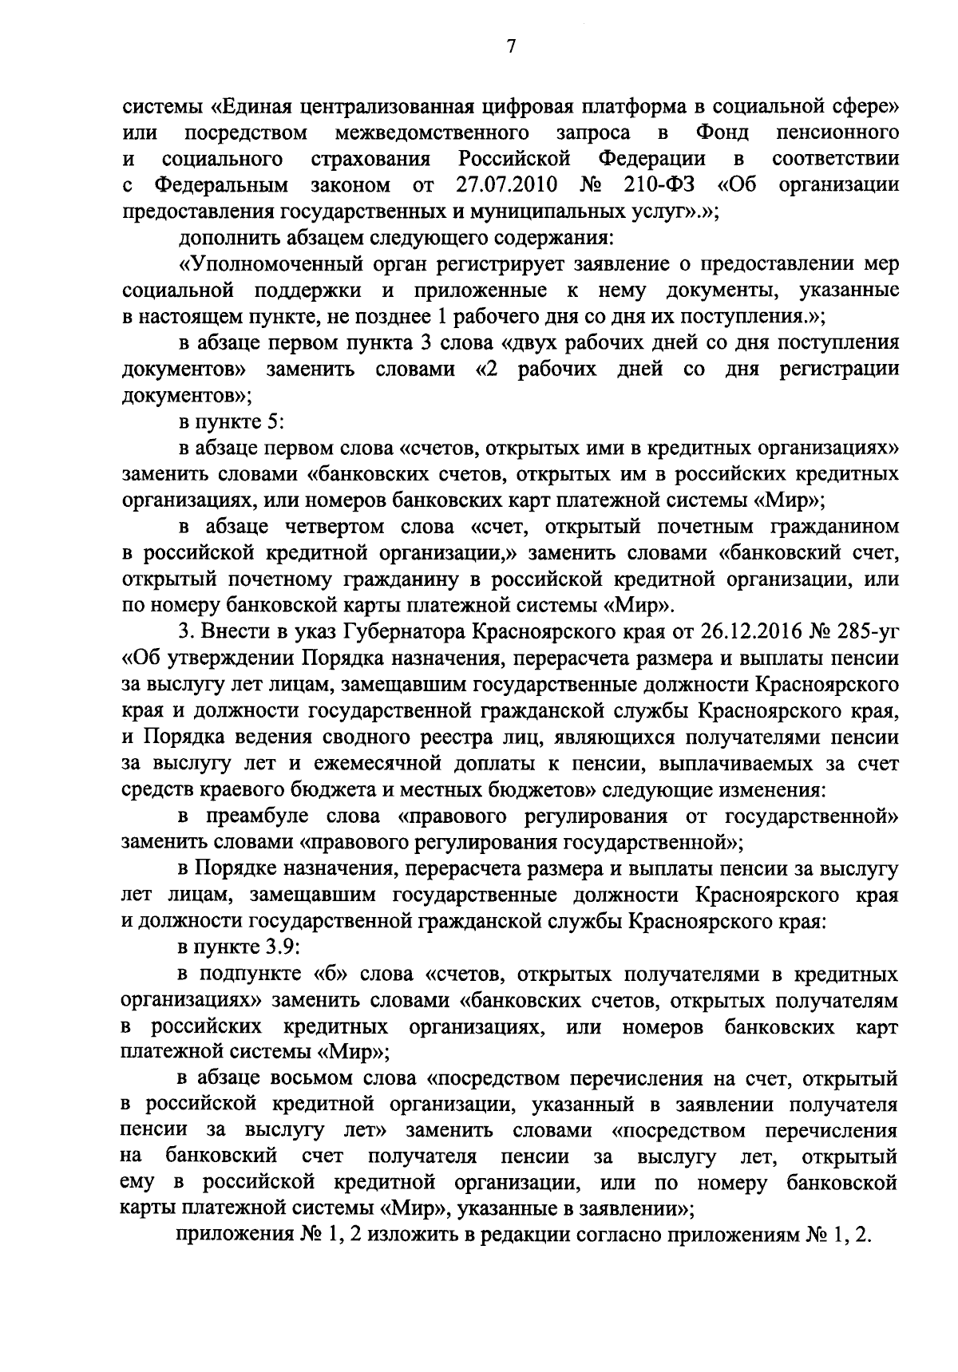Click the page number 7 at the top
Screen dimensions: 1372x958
pos(512,46)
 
